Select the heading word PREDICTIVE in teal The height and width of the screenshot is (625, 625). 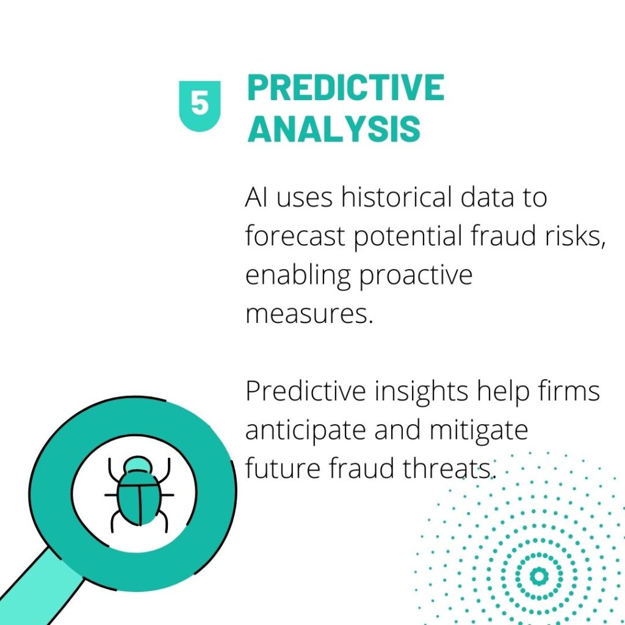click(x=345, y=88)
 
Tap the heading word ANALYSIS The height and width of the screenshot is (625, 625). click(x=334, y=129)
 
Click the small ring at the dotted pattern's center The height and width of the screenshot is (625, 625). click(x=539, y=576)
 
